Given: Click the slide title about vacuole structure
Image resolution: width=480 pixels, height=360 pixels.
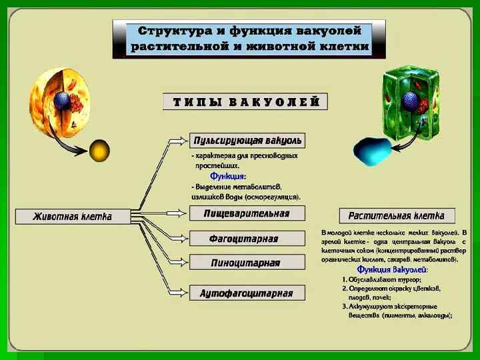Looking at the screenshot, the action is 249,39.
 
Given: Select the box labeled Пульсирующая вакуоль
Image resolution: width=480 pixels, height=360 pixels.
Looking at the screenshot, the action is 247,141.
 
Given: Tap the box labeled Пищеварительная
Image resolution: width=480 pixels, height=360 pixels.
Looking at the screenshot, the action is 246,213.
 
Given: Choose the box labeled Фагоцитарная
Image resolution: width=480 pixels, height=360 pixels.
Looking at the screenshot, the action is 243,239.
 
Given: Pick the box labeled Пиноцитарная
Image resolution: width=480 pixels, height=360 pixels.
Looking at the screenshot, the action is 245,262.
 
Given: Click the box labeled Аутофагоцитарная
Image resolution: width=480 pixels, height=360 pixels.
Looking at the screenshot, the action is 246,293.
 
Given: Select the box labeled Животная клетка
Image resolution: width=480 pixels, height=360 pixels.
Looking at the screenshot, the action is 73,216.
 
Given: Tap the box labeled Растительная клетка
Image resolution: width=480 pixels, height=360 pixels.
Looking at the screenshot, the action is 396,215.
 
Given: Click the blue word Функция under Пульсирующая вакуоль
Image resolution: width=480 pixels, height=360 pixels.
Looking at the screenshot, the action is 228,177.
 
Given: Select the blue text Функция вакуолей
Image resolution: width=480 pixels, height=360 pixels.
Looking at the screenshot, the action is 393,270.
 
